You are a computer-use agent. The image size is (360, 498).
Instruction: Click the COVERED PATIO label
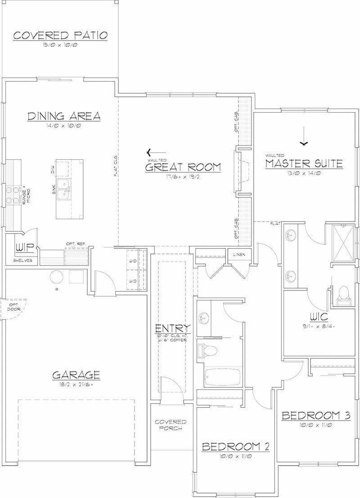point(60,36)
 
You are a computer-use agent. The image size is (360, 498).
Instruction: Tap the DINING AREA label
point(64,116)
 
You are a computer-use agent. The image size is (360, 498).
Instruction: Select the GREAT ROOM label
point(183,168)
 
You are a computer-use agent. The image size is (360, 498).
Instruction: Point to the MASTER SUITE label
point(304,163)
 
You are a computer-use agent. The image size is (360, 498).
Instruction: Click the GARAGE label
point(76,375)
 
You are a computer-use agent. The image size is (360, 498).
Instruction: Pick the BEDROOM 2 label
point(235,447)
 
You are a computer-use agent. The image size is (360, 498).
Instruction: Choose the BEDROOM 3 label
point(315,416)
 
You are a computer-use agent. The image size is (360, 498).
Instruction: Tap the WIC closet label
point(321,317)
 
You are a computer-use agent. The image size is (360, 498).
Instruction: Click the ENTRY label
point(173,328)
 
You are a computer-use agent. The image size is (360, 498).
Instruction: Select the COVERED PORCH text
point(171,425)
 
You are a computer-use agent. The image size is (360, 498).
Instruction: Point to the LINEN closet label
point(238,255)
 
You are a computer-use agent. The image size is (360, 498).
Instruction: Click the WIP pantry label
point(22,248)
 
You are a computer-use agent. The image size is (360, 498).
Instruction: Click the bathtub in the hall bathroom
point(223,377)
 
